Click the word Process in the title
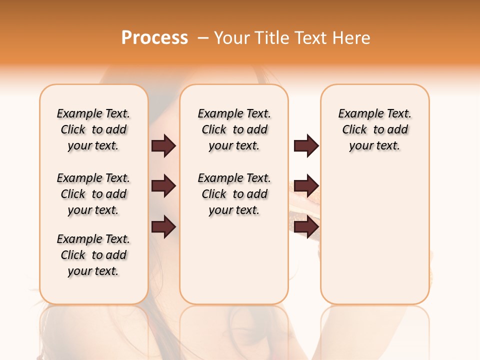click(x=154, y=37)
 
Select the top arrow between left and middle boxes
click(x=163, y=145)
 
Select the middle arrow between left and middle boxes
click(x=163, y=186)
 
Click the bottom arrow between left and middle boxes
click(x=163, y=227)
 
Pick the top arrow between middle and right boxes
click(x=306, y=145)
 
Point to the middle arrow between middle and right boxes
click(x=306, y=186)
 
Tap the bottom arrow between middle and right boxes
click(x=306, y=227)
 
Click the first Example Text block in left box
click(x=93, y=129)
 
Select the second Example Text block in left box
click(x=93, y=194)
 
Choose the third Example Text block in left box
click(x=93, y=255)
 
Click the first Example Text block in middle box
click(x=234, y=129)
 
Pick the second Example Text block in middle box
click(x=234, y=194)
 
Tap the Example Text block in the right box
click(x=374, y=129)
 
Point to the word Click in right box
click(x=354, y=129)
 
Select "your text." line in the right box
click(x=374, y=145)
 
